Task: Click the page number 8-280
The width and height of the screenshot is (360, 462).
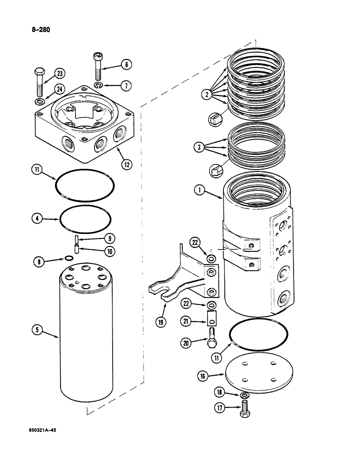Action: coord(39,30)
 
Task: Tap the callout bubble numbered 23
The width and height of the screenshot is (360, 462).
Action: coord(60,74)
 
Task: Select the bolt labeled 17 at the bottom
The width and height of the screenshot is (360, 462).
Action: coord(245,408)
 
